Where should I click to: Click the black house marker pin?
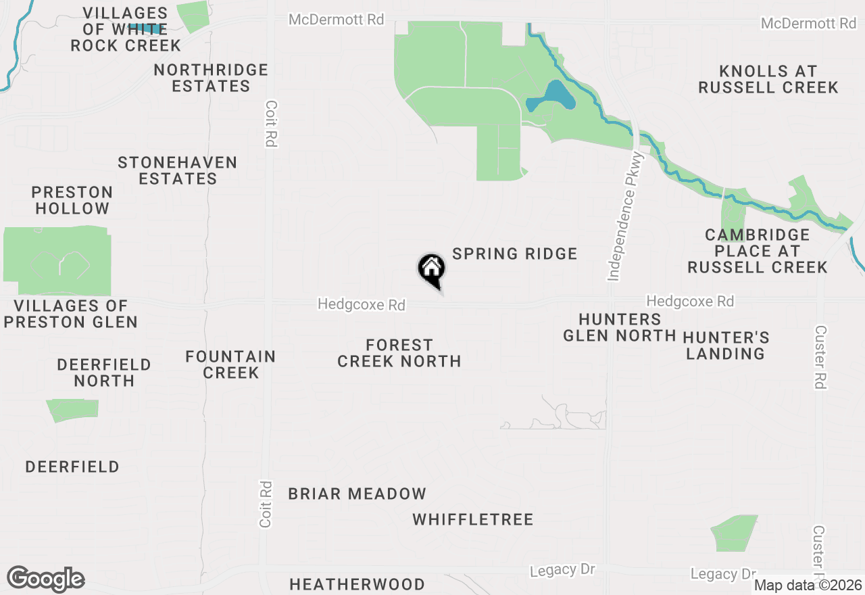coord(431,269)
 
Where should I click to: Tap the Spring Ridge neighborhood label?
coord(515,254)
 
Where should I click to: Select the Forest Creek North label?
coord(399,353)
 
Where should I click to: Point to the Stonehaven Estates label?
coord(178,170)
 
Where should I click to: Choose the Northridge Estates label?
coord(211,78)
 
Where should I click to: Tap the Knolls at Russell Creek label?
coord(768,79)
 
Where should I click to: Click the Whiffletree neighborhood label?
coord(473,519)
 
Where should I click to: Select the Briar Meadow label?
coord(357,494)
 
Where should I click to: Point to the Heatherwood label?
coord(357,584)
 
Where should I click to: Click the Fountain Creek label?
coord(230,364)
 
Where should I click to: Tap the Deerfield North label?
coord(104,373)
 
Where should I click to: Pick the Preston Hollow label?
coord(72,200)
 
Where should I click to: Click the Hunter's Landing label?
coord(726,345)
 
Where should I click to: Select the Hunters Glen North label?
coord(619,327)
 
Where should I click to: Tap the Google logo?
coord(45,579)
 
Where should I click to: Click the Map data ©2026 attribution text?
coord(808,585)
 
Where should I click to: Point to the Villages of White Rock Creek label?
coord(126,29)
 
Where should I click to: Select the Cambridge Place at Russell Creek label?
coord(757,251)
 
